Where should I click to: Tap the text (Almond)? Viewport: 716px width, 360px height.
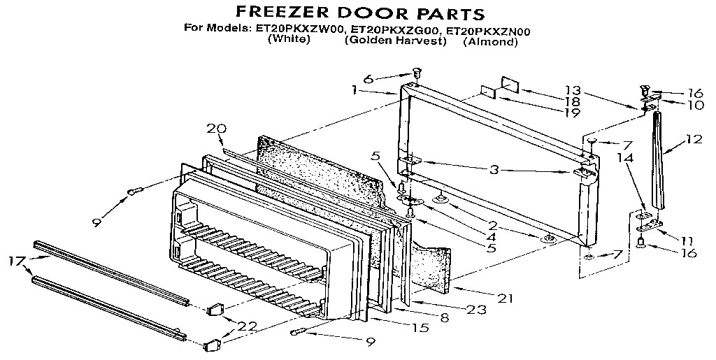(x=490, y=42)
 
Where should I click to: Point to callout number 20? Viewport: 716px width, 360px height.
(x=216, y=128)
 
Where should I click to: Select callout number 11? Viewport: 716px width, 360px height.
(x=687, y=239)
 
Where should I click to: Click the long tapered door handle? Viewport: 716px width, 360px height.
(x=658, y=161)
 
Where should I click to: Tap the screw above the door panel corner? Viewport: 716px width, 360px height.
(x=417, y=72)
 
